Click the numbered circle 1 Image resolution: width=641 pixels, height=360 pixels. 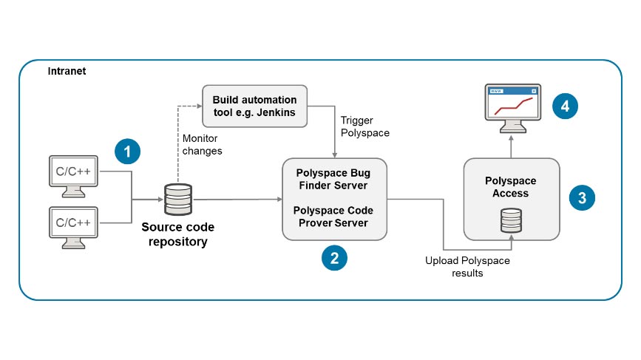tap(128, 153)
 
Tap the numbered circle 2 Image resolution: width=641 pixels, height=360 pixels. tap(334, 257)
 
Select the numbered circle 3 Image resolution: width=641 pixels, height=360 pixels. tap(583, 197)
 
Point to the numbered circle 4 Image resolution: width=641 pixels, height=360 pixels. tap(565, 106)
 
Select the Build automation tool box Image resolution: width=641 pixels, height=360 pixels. tap(254, 106)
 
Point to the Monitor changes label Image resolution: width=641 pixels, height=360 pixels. tap(202, 145)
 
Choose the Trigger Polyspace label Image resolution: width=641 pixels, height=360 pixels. tap(365, 126)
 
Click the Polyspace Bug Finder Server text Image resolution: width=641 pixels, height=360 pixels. tap(333, 179)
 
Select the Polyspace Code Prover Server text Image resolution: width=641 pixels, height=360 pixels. tap(333, 217)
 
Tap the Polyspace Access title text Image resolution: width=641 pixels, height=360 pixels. tap(510, 187)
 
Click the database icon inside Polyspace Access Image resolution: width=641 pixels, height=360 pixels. tap(510, 220)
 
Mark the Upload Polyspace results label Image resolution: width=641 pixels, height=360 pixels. tap(467, 267)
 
